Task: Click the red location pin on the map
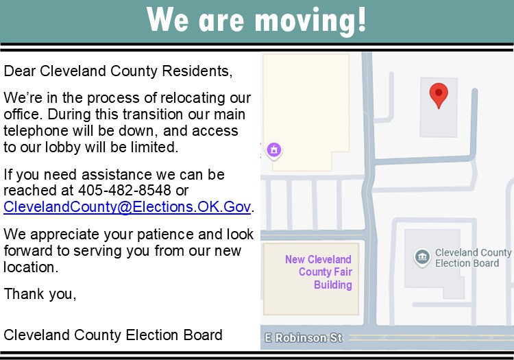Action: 439,95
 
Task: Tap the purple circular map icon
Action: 274,150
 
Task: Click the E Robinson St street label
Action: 303,337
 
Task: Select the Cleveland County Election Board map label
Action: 473,258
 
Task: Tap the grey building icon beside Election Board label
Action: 422,256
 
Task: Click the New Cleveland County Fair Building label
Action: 318,272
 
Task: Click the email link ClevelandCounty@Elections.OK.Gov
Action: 127,207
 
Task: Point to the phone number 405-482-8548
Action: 125,190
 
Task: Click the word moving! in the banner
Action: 310,21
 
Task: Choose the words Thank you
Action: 40,294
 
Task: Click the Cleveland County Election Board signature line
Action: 113,335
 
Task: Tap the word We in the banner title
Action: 167,19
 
